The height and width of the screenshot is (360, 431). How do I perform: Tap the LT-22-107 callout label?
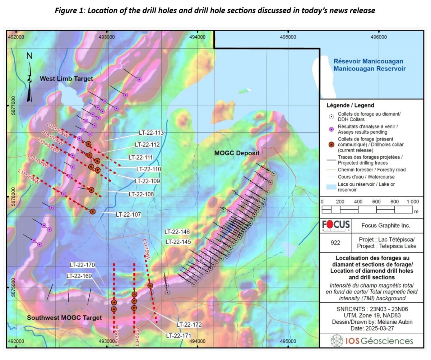click(128, 214)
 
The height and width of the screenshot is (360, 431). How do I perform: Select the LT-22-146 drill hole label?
click(177, 232)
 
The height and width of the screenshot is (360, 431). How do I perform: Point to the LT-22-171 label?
click(178, 335)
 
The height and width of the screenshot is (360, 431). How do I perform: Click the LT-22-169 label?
click(79, 276)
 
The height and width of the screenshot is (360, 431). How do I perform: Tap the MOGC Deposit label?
click(237, 153)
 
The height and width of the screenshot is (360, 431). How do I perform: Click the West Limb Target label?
click(66, 78)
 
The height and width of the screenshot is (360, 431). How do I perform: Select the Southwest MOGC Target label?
click(65, 318)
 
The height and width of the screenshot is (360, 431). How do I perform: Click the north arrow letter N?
click(29, 56)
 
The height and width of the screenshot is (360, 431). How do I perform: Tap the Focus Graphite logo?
click(336, 226)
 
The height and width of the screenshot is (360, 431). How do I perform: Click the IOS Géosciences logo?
click(372, 341)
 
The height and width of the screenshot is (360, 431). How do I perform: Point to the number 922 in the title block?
click(336, 243)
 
